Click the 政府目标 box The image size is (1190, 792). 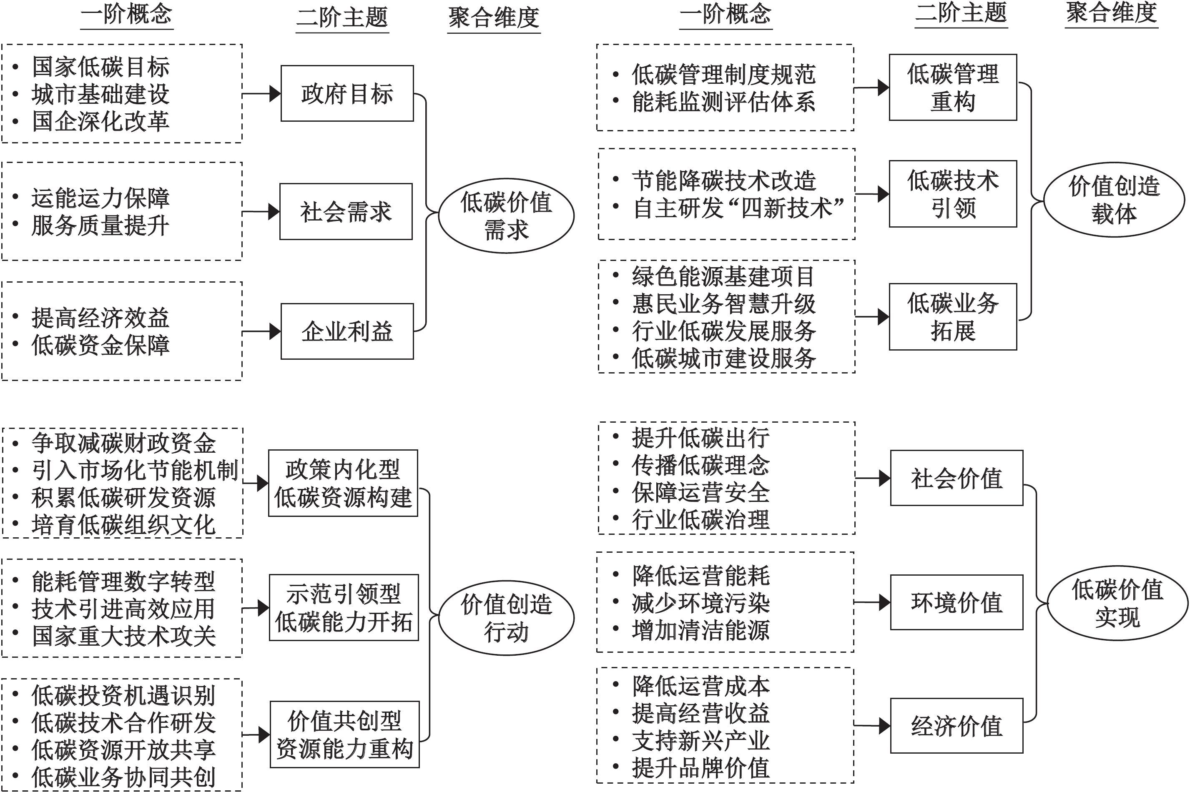click(x=347, y=93)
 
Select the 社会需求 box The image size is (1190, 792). click(x=346, y=212)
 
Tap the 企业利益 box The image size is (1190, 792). click(x=347, y=331)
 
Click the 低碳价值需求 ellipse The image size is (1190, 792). click(x=506, y=216)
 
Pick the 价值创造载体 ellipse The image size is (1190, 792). click(x=1114, y=200)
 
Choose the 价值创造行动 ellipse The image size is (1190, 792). click(x=506, y=618)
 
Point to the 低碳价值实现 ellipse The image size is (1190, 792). click(x=1117, y=603)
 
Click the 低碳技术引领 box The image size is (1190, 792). click(x=953, y=194)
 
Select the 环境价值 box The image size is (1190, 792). click(x=956, y=602)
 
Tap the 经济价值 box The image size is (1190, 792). click(x=956, y=726)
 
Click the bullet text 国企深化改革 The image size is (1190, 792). click(x=100, y=122)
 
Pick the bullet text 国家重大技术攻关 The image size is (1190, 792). click(x=124, y=636)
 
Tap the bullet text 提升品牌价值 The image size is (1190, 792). click(x=700, y=768)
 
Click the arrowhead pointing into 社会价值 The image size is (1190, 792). click(x=884, y=478)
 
